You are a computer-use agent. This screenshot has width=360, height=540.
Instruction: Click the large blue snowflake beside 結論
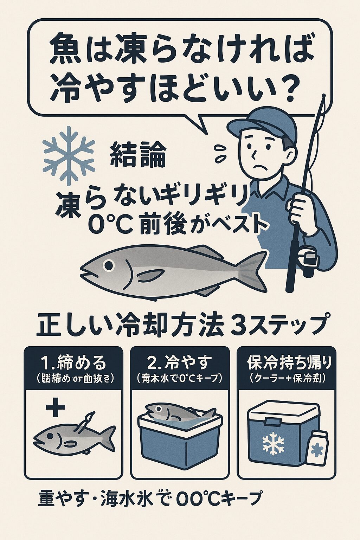pos(69,156)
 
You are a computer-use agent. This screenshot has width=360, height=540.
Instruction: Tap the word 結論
pos(138,155)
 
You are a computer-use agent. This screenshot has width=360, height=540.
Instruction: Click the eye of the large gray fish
pos(110,264)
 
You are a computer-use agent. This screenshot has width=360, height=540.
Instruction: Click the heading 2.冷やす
pos(180,362)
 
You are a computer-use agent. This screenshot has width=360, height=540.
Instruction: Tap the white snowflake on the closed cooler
pos(274,443)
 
